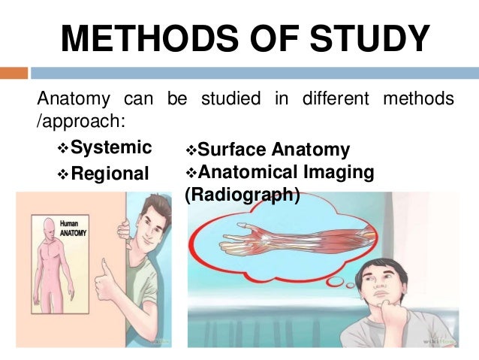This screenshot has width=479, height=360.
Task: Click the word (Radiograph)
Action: pos(242,195)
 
